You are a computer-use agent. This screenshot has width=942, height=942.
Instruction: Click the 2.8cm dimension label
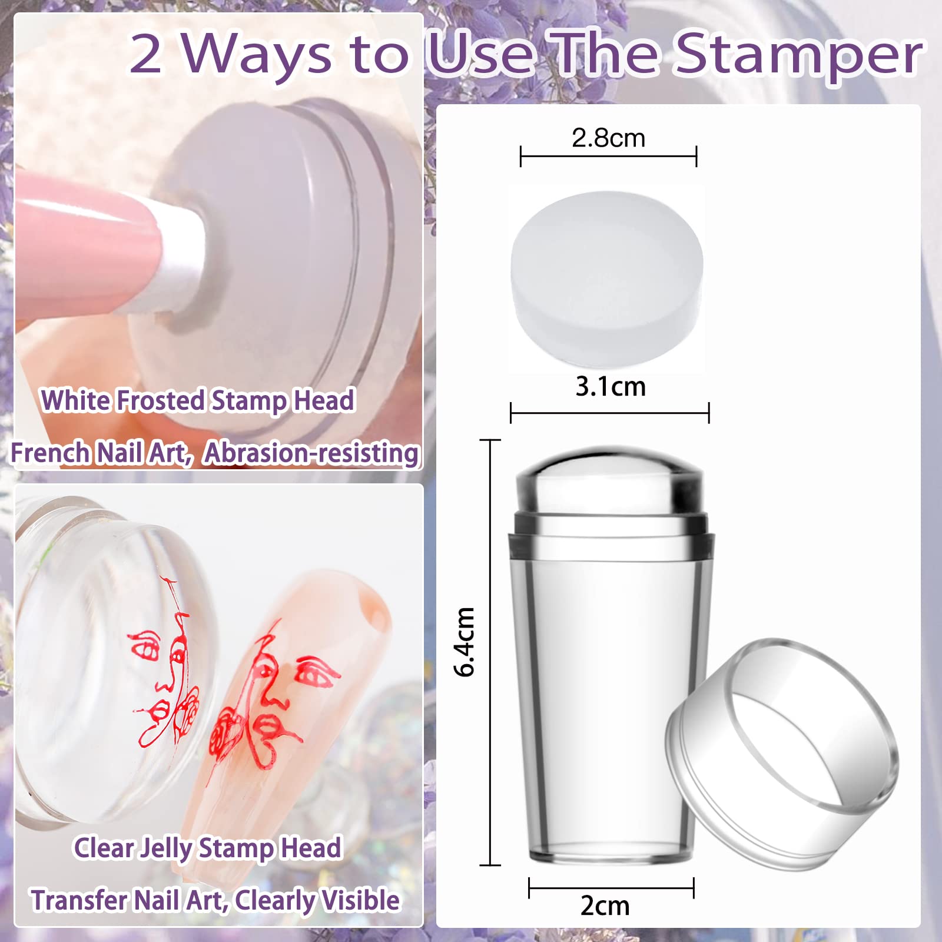pos(608,139)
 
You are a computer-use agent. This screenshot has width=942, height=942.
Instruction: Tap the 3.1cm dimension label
pos(611,387)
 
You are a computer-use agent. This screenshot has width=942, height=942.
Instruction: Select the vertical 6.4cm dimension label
pos(465,642)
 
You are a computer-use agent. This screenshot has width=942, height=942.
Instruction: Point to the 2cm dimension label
pos(605,905)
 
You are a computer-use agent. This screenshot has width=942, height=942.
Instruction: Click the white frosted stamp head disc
pos(607,277)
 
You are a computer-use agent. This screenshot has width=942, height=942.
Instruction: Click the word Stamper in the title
pos(800,54)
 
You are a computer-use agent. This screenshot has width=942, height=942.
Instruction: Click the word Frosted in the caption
pos(160,400)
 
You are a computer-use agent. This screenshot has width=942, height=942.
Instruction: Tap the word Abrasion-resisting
pos(311,453)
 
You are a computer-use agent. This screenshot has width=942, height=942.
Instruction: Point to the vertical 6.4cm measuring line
pos(490,765)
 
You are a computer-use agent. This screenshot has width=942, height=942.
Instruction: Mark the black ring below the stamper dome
pos(611,524)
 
